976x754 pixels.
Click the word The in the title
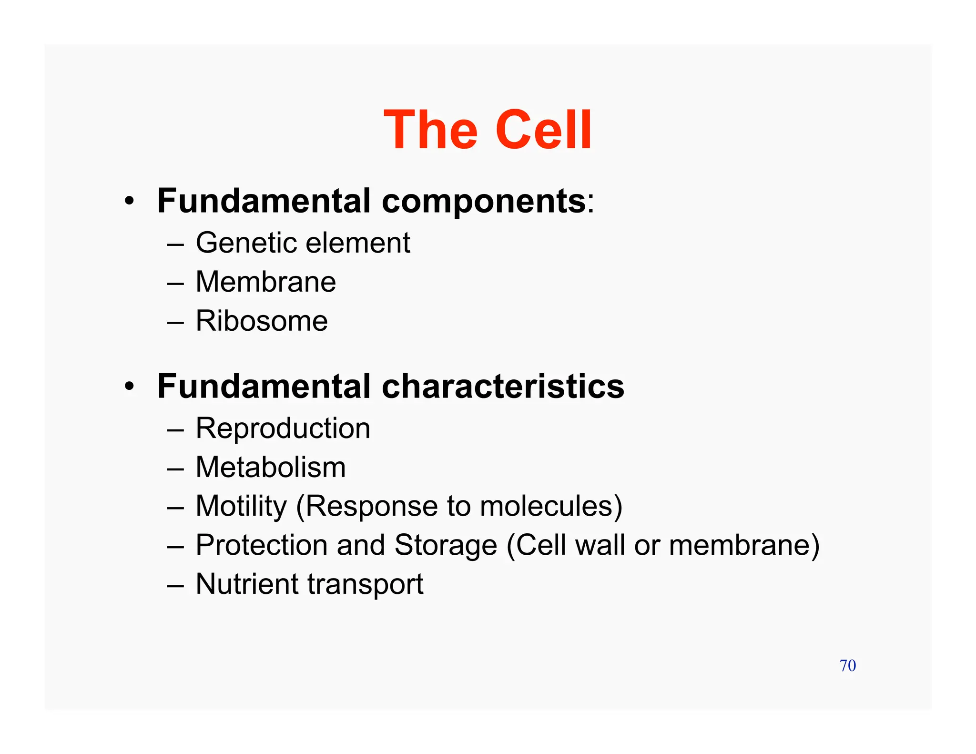pos(430,130)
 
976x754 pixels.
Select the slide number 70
pos(847,665)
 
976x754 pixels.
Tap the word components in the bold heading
pos(483,201)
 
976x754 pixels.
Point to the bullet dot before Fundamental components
pos(129,202)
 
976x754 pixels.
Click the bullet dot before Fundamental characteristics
pos(129,387)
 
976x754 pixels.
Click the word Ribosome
pos(262,321)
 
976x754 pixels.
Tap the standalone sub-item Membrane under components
pos(266,282)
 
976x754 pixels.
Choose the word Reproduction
pos(283,428)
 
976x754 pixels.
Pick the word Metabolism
pos(271,467)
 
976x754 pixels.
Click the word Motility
pos(241,506)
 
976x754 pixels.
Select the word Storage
pos(446,545)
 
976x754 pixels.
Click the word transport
pos(366,585)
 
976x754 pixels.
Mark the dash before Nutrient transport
pos(175,585)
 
